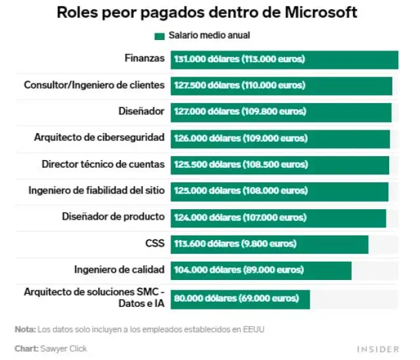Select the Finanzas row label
144,58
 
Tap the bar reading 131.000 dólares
284,60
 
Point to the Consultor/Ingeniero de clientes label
94,85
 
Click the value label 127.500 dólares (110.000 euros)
239,86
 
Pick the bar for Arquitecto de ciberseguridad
280,138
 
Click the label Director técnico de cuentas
102,164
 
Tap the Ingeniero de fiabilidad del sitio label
96,190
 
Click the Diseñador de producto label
113,216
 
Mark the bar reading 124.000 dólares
278,217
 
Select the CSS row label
155,243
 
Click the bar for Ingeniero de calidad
261,270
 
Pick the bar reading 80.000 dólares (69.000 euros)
240,299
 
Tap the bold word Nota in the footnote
25,329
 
